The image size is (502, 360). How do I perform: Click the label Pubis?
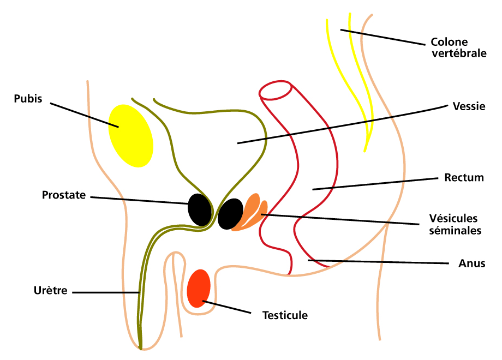click(x=28, y=99)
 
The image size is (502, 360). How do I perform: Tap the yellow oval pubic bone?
click(x=130, y=136)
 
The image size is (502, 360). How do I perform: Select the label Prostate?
click(x=64, y=195)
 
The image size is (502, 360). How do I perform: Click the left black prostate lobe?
click(x=200, y=209)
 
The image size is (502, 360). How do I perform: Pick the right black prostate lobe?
click(x=230, y=214)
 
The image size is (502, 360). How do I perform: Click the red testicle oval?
click(x=199, y=289)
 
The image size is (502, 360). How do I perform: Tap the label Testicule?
click(x=285, y=315)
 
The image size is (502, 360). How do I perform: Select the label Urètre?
click(x=51, y=291)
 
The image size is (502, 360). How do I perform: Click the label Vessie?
click(x=469, y=106)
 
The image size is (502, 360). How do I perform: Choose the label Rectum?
click(x=464, y=178)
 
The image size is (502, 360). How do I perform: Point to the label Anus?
click(x=472, y=263)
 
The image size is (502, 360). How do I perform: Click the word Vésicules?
click(x=453, y=218)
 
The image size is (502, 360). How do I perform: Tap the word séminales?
click(x=455, y=230)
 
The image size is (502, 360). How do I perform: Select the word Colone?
click(x=449, y=42)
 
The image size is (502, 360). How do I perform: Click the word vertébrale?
click(x=459, y=53)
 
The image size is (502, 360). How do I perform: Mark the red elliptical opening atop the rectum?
click(x=276, y=90)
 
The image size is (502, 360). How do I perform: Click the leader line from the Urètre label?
click(x=106, y=292)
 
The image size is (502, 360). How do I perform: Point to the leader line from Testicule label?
click(x=226, y=307)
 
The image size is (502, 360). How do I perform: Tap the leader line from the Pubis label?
click(x=85, y=115)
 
